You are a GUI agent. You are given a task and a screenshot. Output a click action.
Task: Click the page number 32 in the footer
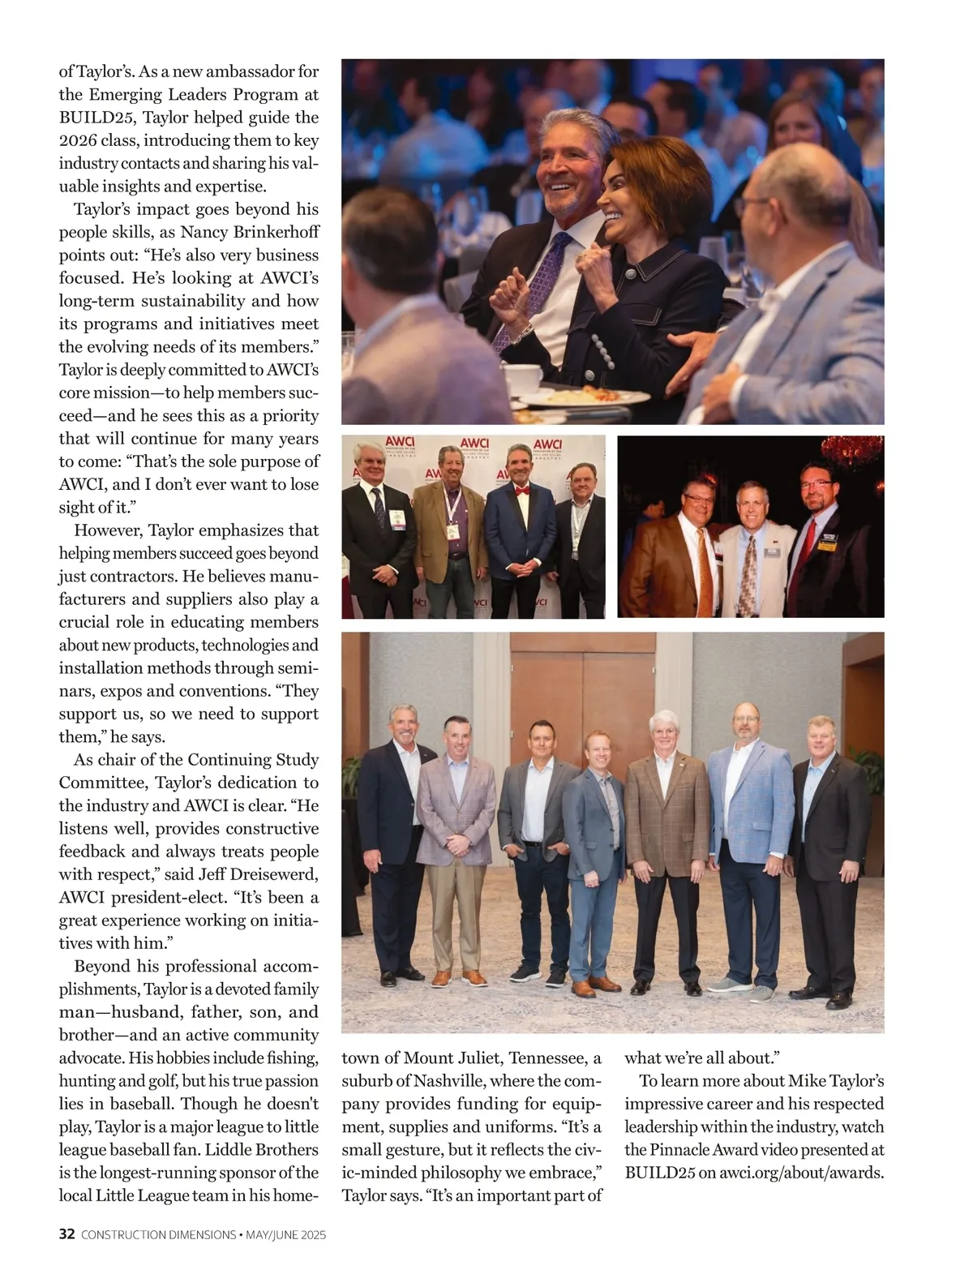pos(67,1234)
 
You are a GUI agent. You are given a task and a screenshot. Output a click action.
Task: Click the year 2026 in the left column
pos(77,140)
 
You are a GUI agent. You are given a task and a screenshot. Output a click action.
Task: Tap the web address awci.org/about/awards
pos(800,1172)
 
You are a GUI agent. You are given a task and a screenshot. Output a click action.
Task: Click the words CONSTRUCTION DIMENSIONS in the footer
pos(159,1235)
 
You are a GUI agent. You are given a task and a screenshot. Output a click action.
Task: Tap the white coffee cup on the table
pos(523,375)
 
